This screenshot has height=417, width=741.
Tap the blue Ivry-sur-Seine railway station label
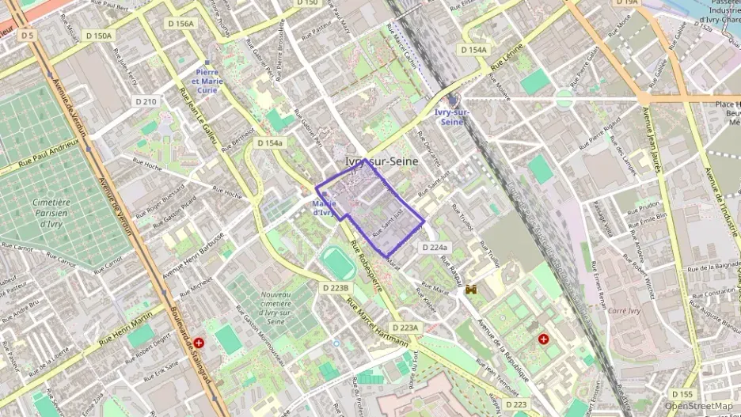click(x=451, y=117)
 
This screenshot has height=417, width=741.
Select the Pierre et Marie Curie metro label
click(x=207, y=81)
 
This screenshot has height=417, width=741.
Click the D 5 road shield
click(x=28, y=35)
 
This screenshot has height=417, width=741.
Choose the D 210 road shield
click(x=146, y=101)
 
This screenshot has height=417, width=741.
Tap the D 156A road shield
click(x=180, y=24)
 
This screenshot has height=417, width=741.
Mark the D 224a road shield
click(x=435, y=248)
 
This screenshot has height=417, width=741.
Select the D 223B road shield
click(x=335, y=287)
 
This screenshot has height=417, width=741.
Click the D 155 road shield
click(x=682, y=394)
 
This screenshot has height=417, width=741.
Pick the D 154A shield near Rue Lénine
click(x=473, y=50)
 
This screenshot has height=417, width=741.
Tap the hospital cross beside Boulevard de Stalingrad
click(x=199, y=343)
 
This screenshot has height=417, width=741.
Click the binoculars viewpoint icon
click(x=471, y=290)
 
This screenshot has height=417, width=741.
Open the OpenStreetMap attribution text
click(x=698, y=406)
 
